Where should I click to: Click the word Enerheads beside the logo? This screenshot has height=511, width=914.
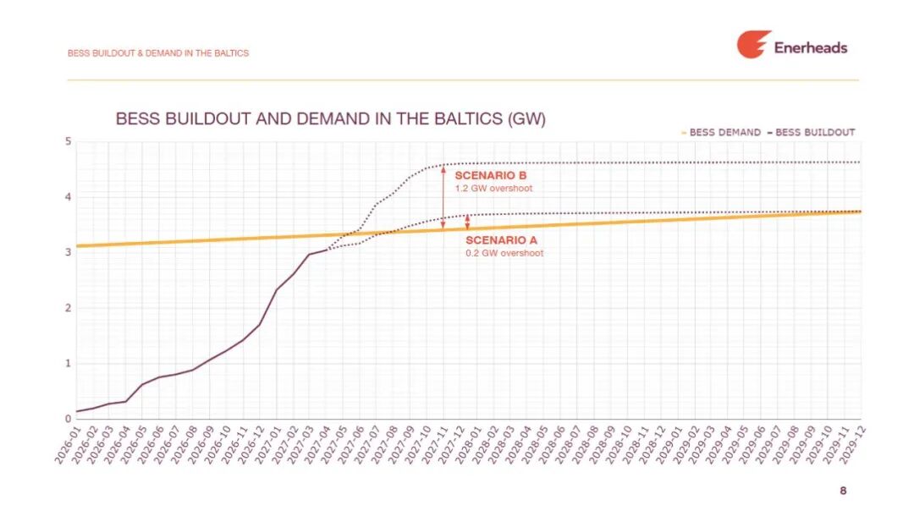(810, 47)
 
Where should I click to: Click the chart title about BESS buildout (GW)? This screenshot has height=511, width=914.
(330, 118)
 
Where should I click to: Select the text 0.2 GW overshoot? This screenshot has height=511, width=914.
(504, 253)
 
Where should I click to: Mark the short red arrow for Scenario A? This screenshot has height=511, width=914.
(467, 222)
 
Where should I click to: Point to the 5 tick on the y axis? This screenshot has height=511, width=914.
(69, 141)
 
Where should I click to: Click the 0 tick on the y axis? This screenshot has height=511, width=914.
(69, 419)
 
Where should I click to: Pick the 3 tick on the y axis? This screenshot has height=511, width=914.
(69, 252)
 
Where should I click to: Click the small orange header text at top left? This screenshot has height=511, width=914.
(158, 53)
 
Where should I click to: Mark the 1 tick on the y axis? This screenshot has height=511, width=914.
(69, 364)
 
